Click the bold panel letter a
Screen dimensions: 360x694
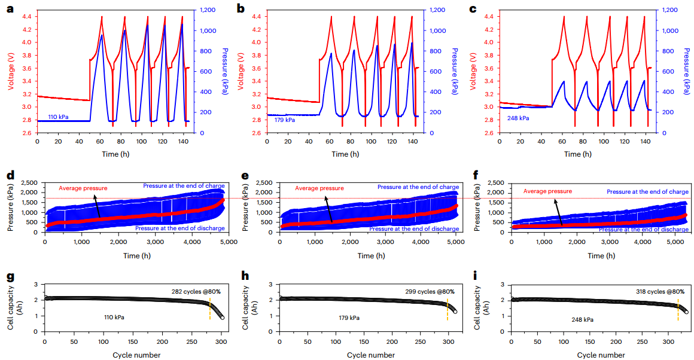point(10,9)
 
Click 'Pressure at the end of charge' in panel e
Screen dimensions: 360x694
point(418,187)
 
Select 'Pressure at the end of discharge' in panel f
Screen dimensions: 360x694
point(643,230)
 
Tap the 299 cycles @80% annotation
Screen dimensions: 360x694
point(430,292)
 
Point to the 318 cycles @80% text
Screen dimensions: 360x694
point(660,292)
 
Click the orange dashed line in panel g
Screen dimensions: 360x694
point(210,310)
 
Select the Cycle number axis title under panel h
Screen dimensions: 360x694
point(370,355)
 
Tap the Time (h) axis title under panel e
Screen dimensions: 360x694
point(366,255)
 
